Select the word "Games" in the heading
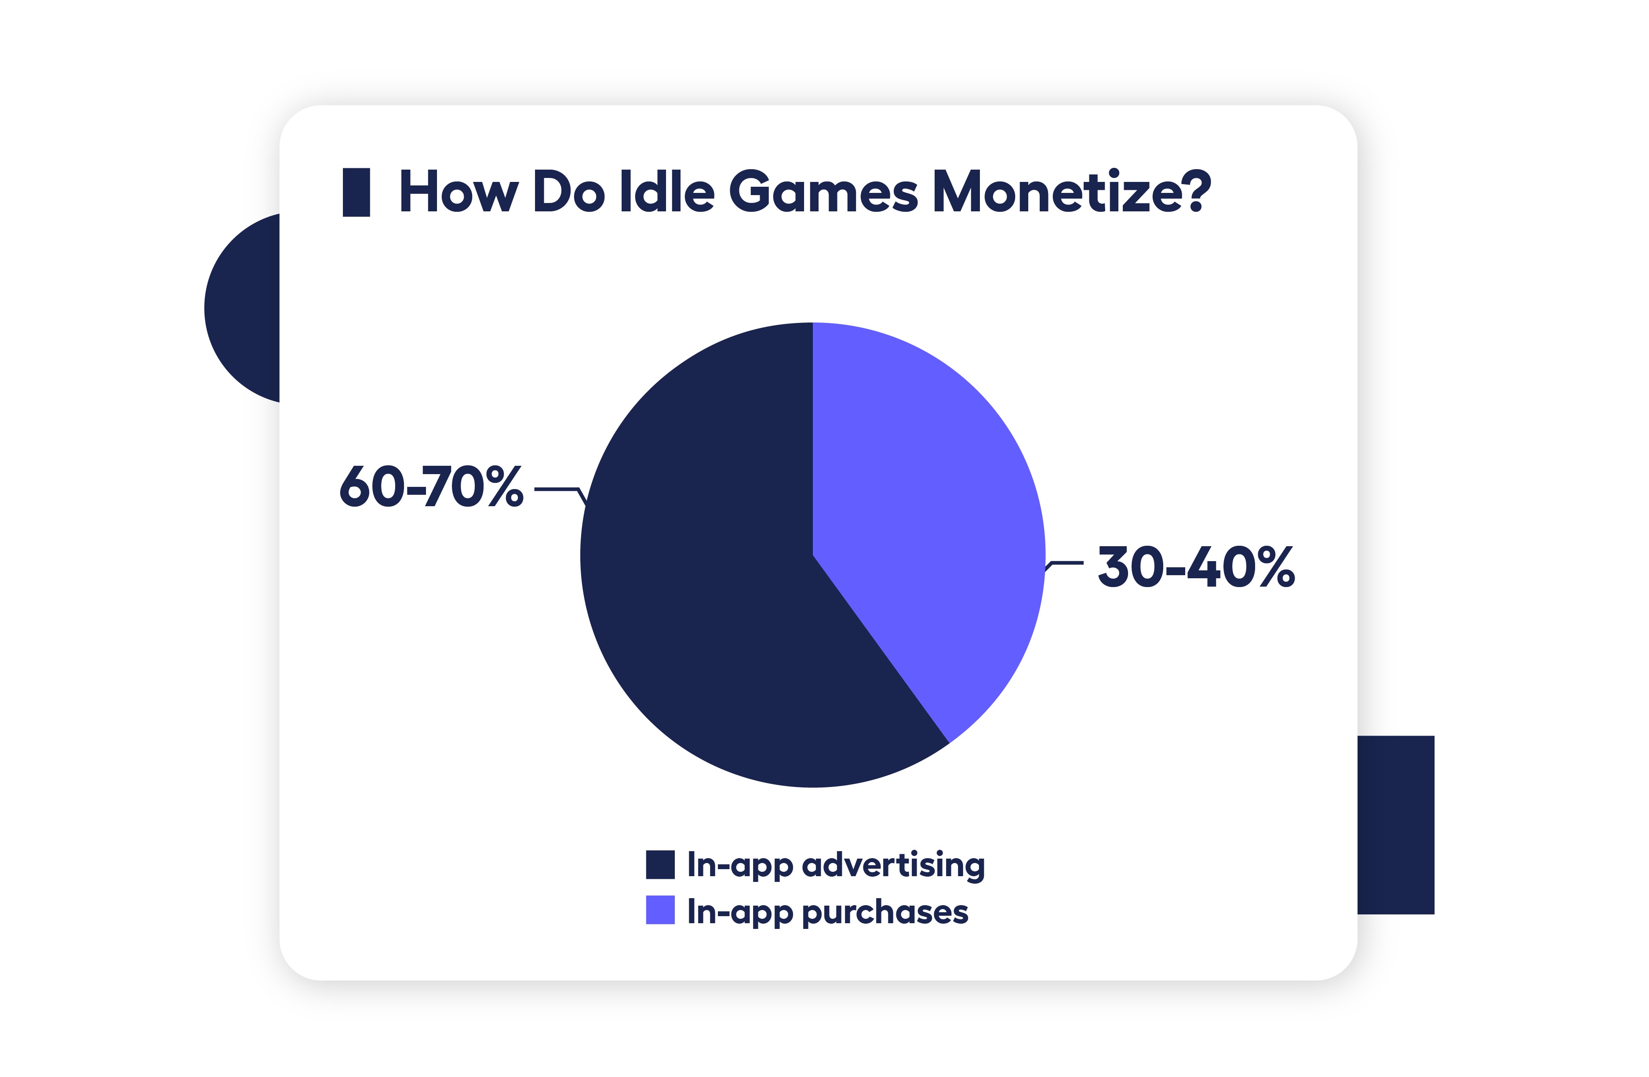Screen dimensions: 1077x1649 (x=823, y=192)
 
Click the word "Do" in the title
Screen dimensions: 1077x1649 (x=568, y=192)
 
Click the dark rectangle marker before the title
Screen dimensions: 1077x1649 (x=356, y=192)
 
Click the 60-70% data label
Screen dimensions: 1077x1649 (x=431, y=486)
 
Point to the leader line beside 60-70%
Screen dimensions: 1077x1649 (x=558, y=490)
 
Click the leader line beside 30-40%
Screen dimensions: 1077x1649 (x=1066, y=563)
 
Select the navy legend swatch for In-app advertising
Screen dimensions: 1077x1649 (x=659, y=864)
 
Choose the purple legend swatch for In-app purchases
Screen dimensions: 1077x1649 (x=659, y=910)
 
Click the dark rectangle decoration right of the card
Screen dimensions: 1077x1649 (x=1395, y=825)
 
